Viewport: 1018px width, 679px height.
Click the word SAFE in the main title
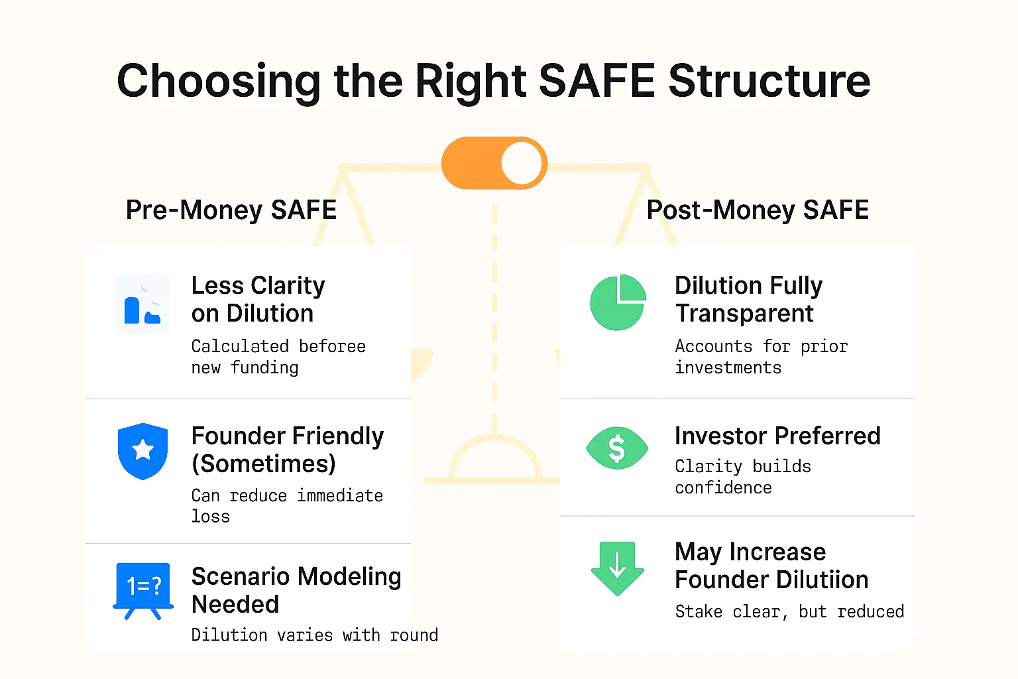click(596, 81)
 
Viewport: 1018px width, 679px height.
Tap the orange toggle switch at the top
click(494, 163)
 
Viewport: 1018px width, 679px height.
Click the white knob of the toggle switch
click(522, 163)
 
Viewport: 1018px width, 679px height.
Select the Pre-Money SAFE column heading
click(231, 210)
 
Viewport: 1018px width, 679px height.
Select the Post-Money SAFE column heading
click(758, 210)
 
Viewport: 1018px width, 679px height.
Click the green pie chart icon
click(618, 302)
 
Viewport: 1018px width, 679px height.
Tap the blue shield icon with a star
click(142, 451)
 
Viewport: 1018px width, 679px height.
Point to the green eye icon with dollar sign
click(617, 448)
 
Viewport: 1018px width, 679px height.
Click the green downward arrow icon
click(617, 568)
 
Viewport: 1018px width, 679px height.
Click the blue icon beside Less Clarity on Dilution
click(142, 304)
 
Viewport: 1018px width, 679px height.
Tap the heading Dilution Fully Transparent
click(748, 299)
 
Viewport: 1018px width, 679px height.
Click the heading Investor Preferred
click(777, 436)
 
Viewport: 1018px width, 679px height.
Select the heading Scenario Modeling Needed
click(296, 590)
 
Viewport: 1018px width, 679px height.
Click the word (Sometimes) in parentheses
click(263, 464)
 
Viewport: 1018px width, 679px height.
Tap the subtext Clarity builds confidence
click(742, 477)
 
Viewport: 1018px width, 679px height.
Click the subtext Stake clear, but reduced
click(789, 611)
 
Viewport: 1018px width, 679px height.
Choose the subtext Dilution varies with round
click(314, 635)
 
